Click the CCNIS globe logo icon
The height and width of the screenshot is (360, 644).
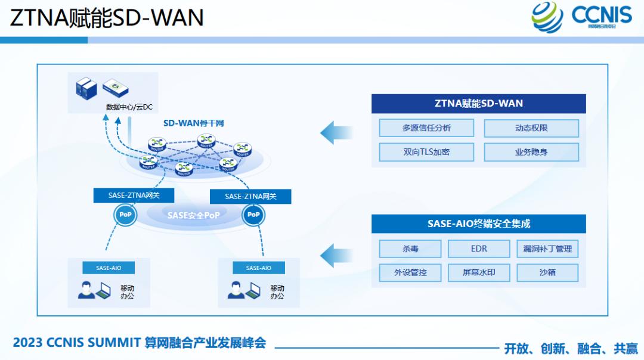(x=547, y=17)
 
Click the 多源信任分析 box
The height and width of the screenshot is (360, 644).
(x=426, y=128)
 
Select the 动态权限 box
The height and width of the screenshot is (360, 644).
(x=531, y=128)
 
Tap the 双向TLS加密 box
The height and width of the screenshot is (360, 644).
(x=426, y=152)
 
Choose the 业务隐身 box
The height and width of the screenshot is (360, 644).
(x=531, y=152)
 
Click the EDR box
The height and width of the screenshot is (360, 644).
(x=479, y=249)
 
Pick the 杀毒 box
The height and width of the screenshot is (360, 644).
(x=410, y=249)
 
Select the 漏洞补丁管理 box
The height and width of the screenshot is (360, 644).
(x=547, y=249)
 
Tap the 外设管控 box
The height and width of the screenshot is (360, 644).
(x=410, y=273)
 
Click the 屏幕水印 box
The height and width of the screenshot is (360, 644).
(x=479, y=273)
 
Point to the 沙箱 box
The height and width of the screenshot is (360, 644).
(x=547, y=273)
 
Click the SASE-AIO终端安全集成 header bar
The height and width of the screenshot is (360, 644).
(x=478, y=224)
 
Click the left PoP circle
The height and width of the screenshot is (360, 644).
(x=125, y=215)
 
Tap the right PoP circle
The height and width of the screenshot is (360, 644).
(x=254, y=215)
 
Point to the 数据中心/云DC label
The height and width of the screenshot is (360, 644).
(x=129, y=107)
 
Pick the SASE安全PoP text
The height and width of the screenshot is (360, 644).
(x=193, y=215)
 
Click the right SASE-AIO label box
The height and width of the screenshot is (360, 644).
(x=259, y=268)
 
